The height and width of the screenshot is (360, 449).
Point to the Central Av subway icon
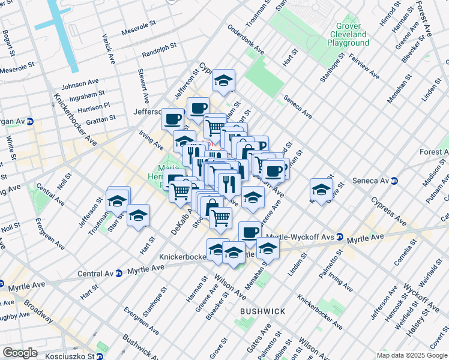click(x=119, y=273)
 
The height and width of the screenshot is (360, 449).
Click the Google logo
click(x=20, y=353)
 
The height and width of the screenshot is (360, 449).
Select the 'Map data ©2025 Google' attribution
click(x=412, y=355)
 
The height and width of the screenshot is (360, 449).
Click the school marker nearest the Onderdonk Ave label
click(x=223, y=81)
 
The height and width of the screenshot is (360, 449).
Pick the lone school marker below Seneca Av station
click(x=322, y=190)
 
